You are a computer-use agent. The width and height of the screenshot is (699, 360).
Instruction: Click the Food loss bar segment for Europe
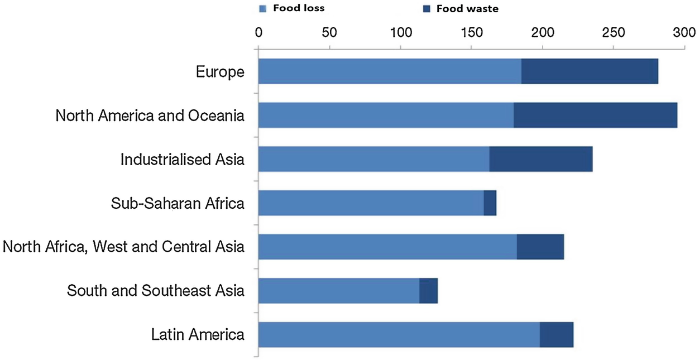(x=390, y=71)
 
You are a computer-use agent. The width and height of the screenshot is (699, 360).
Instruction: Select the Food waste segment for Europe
(x=590, y=71)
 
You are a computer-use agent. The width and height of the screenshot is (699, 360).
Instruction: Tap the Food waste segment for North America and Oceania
(x=595, y=116)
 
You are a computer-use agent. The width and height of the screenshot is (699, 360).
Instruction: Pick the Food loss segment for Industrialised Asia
(x=374, y=159)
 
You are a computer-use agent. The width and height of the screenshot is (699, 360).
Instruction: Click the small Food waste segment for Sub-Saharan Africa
(x=490, y=203)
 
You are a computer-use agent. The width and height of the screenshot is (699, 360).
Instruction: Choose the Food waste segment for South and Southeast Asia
(x=428, y=291)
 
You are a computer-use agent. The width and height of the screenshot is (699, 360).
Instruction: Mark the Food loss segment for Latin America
(x=399, y=335)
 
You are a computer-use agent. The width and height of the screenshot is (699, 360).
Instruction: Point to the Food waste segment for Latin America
(x=556, y=335)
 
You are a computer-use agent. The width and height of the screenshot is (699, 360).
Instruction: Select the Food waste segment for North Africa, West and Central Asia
(x=540, y=247)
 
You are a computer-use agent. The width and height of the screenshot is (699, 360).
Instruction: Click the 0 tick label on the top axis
(x=258, y=32)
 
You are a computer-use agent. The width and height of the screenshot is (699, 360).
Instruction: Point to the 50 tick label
(x=329, y=32)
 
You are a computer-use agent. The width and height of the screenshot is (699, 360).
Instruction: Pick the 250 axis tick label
(x=614, y=32)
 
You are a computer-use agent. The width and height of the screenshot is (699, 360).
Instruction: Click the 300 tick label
(x=684, y=32)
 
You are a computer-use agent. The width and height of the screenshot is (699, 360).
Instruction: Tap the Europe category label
(x=220, y=72)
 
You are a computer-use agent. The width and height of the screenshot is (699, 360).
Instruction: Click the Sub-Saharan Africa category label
(x=178, y=203)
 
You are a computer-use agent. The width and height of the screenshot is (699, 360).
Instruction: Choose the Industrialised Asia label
(x=183, y=160)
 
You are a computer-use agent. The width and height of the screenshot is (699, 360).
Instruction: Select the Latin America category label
(x=198, y=335)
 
